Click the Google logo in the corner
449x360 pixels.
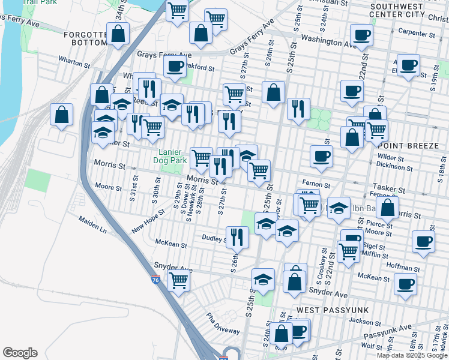(x=20, y=353)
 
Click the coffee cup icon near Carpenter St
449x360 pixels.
(x=362, y=35)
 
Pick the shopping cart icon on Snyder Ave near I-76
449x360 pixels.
(x=179, y=279)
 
